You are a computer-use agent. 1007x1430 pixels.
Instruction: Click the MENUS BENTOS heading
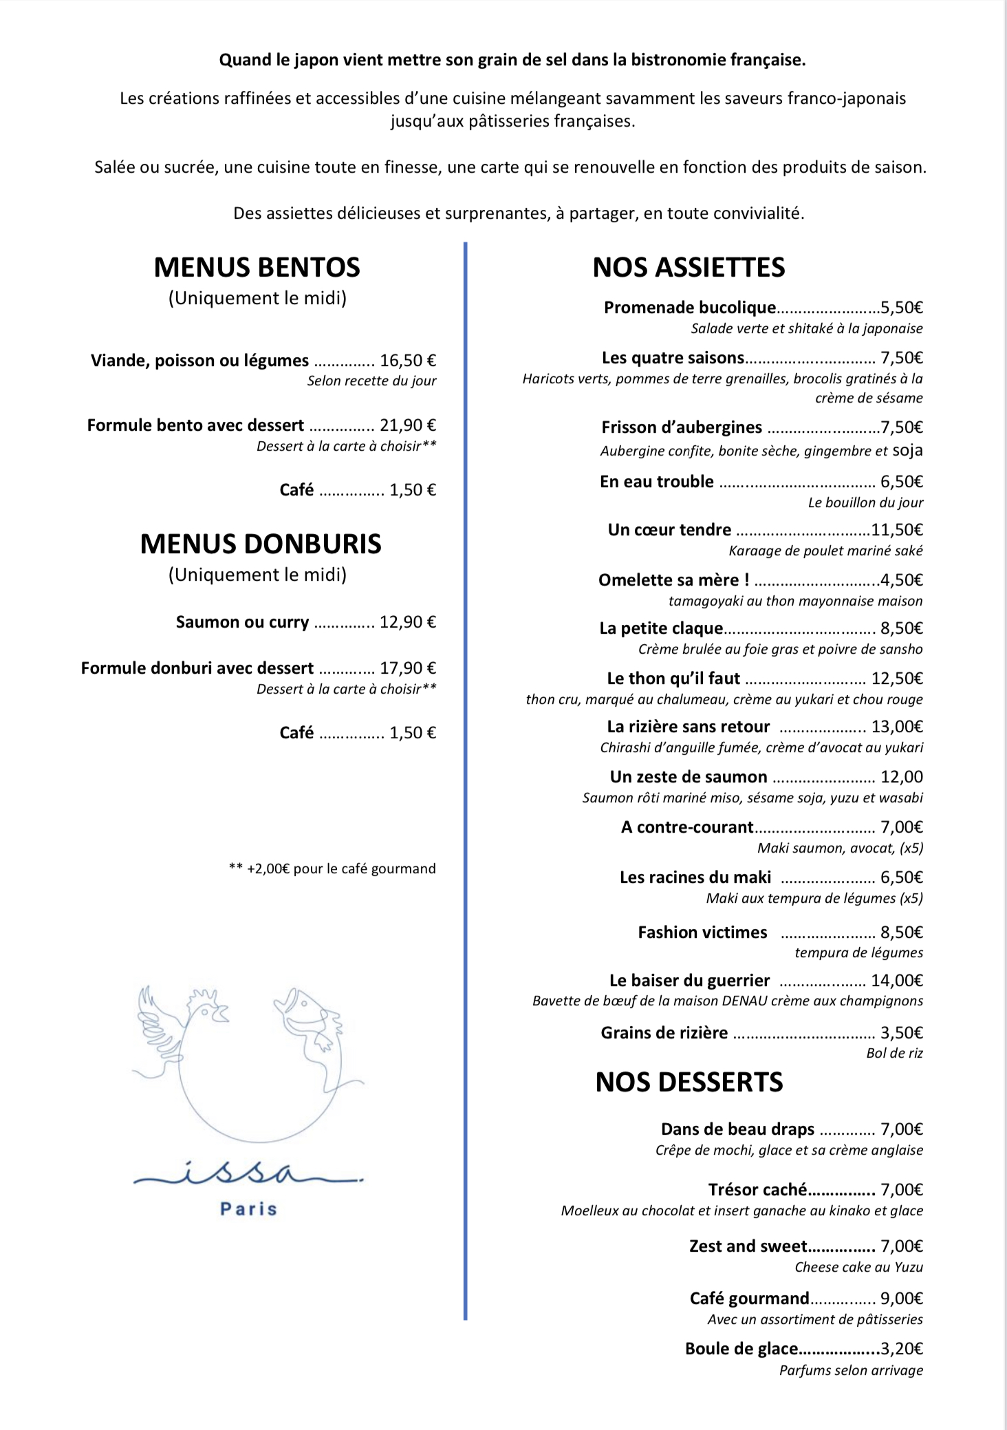pos(257,268)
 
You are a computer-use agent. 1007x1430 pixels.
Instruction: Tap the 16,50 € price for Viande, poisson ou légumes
pos(408,361)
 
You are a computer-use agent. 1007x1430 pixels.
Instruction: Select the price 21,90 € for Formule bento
pos(408,425)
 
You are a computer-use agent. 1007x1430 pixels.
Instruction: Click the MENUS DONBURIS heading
pos(261,544)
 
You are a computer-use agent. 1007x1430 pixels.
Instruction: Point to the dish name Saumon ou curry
pos(242,622)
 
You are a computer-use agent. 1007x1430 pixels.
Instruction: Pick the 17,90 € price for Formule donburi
pos(408,668)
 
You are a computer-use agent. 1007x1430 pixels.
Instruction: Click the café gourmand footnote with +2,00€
pos(332,868)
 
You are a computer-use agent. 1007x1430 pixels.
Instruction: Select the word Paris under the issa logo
pos(248,1209)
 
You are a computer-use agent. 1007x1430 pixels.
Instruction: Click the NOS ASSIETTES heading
pos(689,268)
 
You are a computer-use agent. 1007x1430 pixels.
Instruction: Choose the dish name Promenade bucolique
pos(689,308)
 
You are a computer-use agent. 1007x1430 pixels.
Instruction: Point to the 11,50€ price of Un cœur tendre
pos(897,530)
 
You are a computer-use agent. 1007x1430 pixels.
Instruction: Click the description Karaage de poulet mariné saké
pos(825,551)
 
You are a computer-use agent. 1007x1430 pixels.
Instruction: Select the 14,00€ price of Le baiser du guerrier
pos(897,981)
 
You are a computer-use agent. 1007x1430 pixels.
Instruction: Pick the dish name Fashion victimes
pos(702,932)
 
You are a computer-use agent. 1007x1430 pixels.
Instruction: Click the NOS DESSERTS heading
pos(689,1082)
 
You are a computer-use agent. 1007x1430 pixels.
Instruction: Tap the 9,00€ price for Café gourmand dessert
pos(902,1299)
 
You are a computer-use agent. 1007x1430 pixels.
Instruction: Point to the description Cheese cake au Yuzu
pos(858,1267)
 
